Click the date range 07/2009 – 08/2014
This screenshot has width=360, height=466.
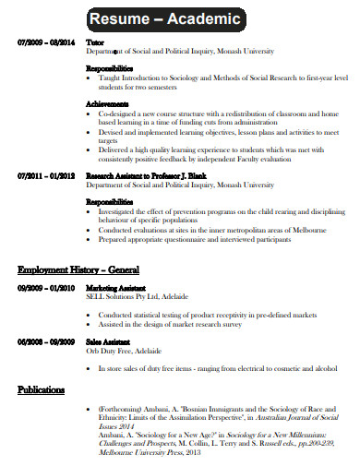(x=45, y=42)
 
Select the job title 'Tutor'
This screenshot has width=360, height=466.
(x=94, y=42)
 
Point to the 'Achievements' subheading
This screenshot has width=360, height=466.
(x=107, y=103)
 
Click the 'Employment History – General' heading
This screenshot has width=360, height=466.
(x=78, y=270)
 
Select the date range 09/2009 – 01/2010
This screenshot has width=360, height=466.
(x=45, y=288)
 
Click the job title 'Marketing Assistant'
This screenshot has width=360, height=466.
(x=117, y=288)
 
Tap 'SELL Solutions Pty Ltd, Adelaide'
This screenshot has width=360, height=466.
(x=137, y=297)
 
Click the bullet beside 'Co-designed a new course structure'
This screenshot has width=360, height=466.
(x=90, y=113)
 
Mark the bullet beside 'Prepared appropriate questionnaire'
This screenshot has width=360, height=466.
(x=90, y=238)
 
